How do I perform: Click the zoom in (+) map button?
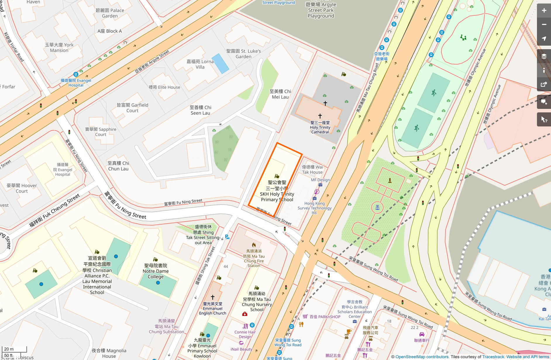click(x=544, y=11)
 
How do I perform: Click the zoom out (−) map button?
click(x=544, y=25)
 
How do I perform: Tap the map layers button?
click(x=544, y=56)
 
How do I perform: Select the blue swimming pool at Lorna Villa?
click(x=220, y=63)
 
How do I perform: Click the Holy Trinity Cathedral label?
click(x=320, y=127)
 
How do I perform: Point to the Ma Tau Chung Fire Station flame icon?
click(x=254, y=245)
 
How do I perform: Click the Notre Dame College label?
click(x=156, y=271)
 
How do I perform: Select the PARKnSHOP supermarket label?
click(x=325, y=317)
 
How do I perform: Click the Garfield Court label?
click(x=132, y=108)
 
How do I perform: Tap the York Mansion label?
click(x=59, y=47)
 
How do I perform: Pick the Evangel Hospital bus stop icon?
click(x=76, y=74)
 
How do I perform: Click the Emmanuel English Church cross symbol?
click(x=213, y=297)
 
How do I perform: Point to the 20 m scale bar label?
click(x=9, y=349)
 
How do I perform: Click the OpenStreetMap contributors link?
click(x=422, y=357)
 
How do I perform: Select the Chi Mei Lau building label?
click(x=280, y=94)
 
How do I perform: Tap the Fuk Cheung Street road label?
click(x=55, y=210)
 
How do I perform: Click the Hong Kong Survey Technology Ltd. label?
click(x=314, y=208)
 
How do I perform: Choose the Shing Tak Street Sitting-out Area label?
click(x=203, y=235)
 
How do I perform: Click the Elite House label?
click(x=164, y=87)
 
